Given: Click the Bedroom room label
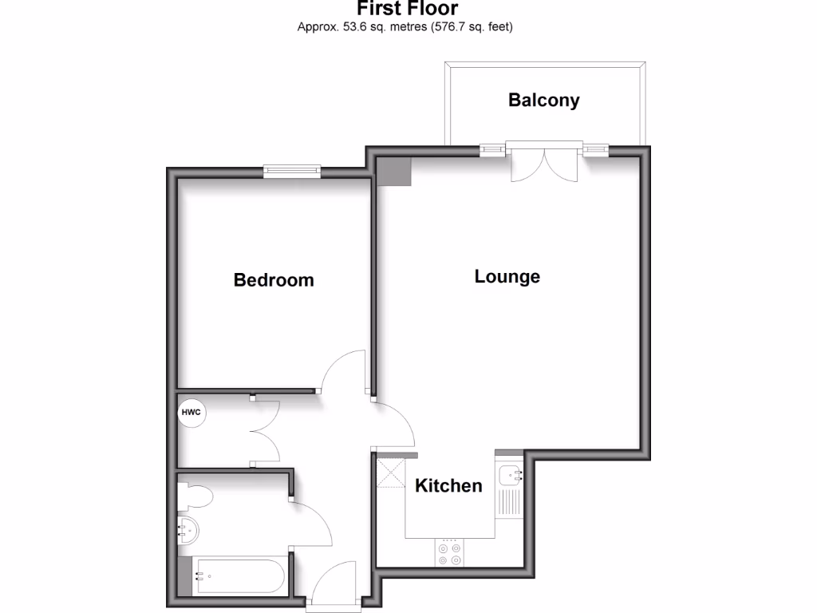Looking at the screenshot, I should click(x=274, y=280).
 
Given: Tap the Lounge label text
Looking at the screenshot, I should click(x=507, y=277).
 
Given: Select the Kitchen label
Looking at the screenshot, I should click(x=448, y=485).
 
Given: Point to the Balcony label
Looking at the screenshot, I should click(x=544, y=100).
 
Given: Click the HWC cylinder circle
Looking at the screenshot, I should click(x=191, y=413).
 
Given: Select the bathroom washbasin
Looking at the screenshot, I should click(x=188, y=528).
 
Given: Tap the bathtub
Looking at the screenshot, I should click(x=235, y=575).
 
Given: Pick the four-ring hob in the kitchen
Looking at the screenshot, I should click(x=449, y=552).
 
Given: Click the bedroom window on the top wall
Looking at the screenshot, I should click(x=293, y=169).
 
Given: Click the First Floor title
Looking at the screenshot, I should click(x=407, y=9).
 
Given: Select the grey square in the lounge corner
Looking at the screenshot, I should click(x=394, y=171).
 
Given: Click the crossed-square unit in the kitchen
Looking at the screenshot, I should click(x=391, y=473).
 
